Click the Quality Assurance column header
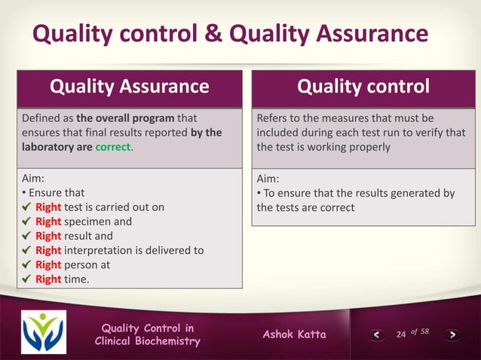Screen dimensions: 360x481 [129, 87]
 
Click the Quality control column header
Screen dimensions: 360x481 [363, 87]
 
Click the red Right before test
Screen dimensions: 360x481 [47, 207]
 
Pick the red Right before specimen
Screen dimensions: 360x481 [47, 221]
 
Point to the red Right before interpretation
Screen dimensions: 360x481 [47, 250]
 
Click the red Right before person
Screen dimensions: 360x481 [47, 264]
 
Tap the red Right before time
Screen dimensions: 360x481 [47, 279]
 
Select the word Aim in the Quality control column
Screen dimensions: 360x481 [268, 178]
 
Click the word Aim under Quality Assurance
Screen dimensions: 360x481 [35, 178]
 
